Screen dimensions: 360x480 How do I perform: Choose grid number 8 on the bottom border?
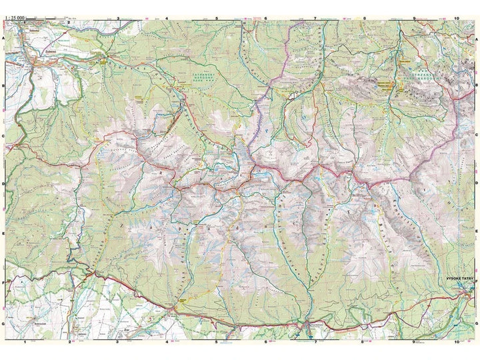pyautogui.click(x=363, y=342)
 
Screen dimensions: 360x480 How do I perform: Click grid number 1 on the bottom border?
pyautogui.click(x=25, y=342)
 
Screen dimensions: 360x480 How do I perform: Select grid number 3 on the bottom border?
pyautogui.click(x=119, y=342)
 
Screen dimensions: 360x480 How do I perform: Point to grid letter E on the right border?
pyautogui.click(x=476, y=233)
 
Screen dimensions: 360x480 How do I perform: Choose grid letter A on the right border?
pyautogui.click(x=476, y=39)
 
